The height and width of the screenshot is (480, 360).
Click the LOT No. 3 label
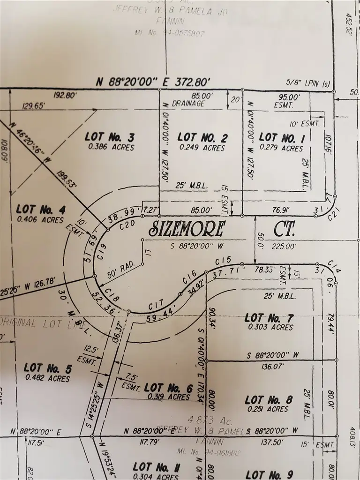click(x=110, y=137)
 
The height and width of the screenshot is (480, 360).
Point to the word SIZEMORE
click(x=187, y=229)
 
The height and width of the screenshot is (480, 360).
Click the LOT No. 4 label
click(x=40, y=209)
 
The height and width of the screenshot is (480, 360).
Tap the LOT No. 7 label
click(x=269, y=318)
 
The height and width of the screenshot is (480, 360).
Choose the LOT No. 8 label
click(x=269, y=400)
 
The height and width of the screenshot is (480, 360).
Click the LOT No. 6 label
click(x=168, y=388)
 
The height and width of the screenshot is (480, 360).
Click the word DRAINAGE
click(x=188, y=104)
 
